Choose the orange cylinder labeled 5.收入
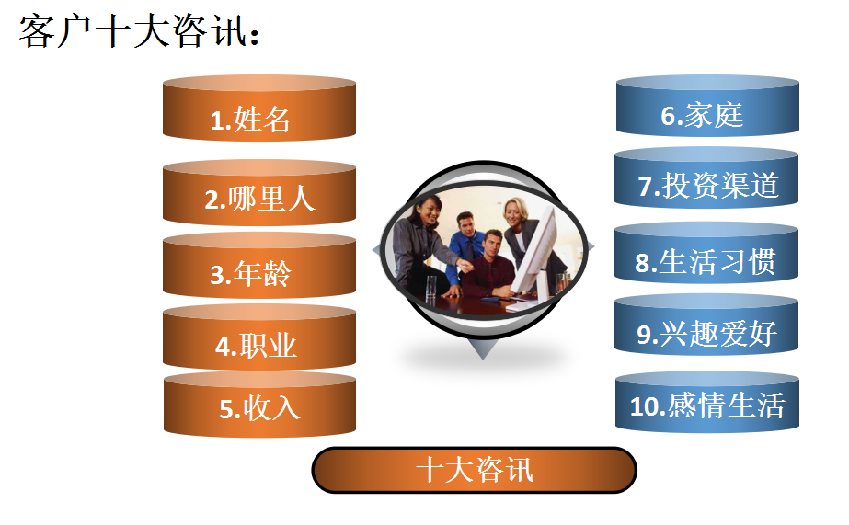258,406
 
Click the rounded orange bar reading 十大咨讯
474,470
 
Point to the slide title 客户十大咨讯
138,32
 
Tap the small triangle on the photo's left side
376,250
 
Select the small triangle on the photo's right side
590,245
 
